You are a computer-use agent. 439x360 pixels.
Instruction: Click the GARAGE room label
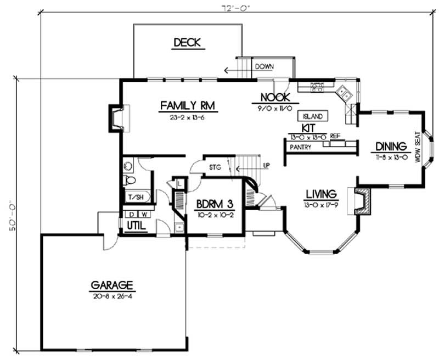(112, 285)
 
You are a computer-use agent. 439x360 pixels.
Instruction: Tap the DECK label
(187, 43)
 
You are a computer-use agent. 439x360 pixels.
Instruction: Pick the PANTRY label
(301, 147)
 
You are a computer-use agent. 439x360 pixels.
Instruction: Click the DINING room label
(391, 147)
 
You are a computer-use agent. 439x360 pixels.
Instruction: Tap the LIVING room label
(321, 194)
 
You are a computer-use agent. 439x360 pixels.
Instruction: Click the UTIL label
(134, 226)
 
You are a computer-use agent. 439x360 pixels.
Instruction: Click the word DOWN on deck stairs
(264, 66)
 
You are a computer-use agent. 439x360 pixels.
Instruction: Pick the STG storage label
(215, 167)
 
